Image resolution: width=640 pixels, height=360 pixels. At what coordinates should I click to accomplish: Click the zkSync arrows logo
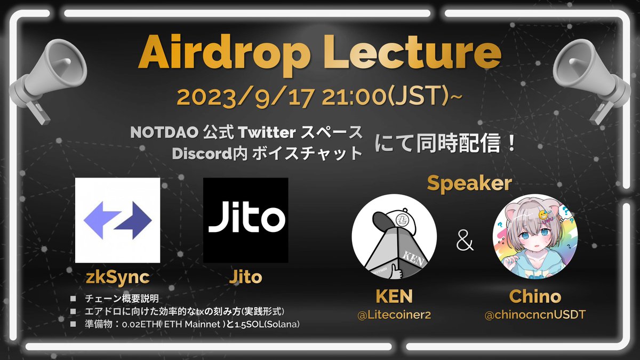click(117, 220)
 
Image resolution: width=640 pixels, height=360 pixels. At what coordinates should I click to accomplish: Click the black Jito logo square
click(246, 220)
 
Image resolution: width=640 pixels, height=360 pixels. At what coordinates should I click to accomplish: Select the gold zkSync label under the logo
click(117, 277)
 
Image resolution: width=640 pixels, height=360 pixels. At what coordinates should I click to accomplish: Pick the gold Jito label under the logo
click(246, 277)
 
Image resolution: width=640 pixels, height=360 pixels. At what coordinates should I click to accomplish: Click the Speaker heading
click(469, 183)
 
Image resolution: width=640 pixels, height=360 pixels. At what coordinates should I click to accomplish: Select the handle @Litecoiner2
click(394, 315)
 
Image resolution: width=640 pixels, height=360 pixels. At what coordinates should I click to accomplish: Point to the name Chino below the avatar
click(534, 297)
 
